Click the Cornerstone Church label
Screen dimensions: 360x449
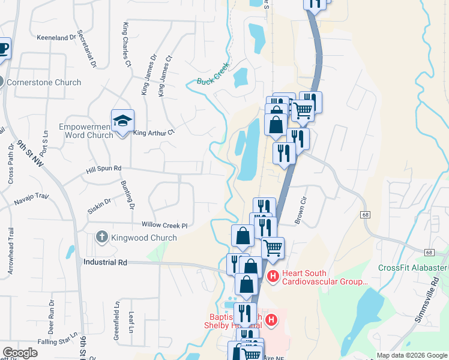click(x=43, y=82)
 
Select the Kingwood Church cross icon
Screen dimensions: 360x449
click(x=101, y=238)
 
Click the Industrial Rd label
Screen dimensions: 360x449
click(x=106, y=262)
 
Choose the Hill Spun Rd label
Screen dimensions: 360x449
click(x=104, y=170)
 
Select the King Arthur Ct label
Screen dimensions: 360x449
click(x=153, y=133)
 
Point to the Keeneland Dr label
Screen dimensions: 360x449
click(x=58, y=37)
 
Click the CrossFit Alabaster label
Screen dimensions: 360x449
click(x=413, y=268)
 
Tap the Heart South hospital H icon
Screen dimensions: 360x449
click(x=273, y=277)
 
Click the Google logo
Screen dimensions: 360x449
click(x=20, y=353)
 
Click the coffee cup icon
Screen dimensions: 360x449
click(x=3, y=48)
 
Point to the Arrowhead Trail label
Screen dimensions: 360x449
click(x=11, y=251)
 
